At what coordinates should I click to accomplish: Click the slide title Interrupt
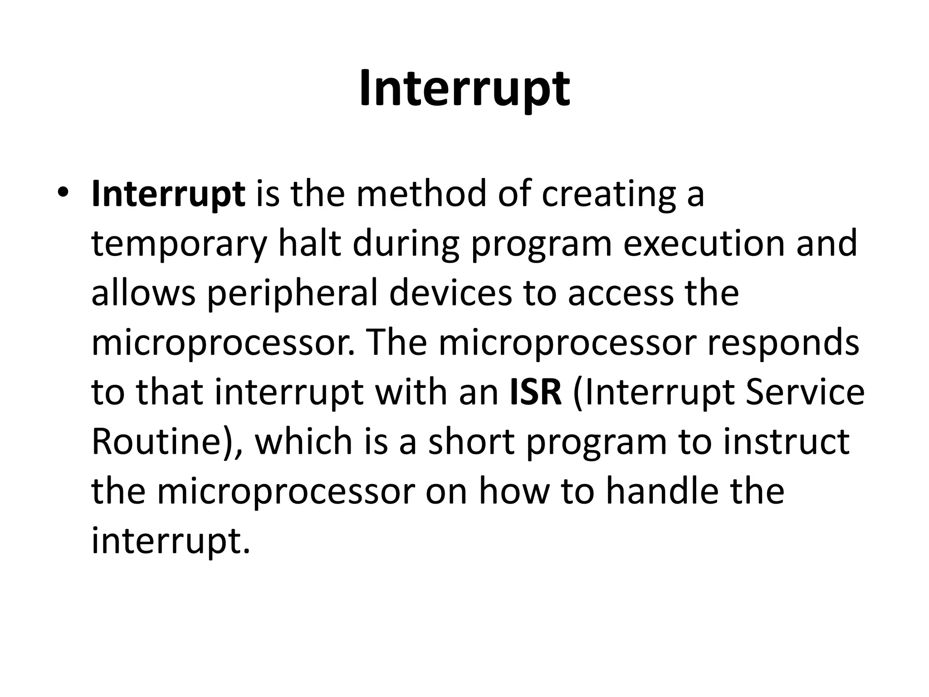[x=464, y=89]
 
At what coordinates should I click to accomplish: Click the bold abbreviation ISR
[x=536, y=393]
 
